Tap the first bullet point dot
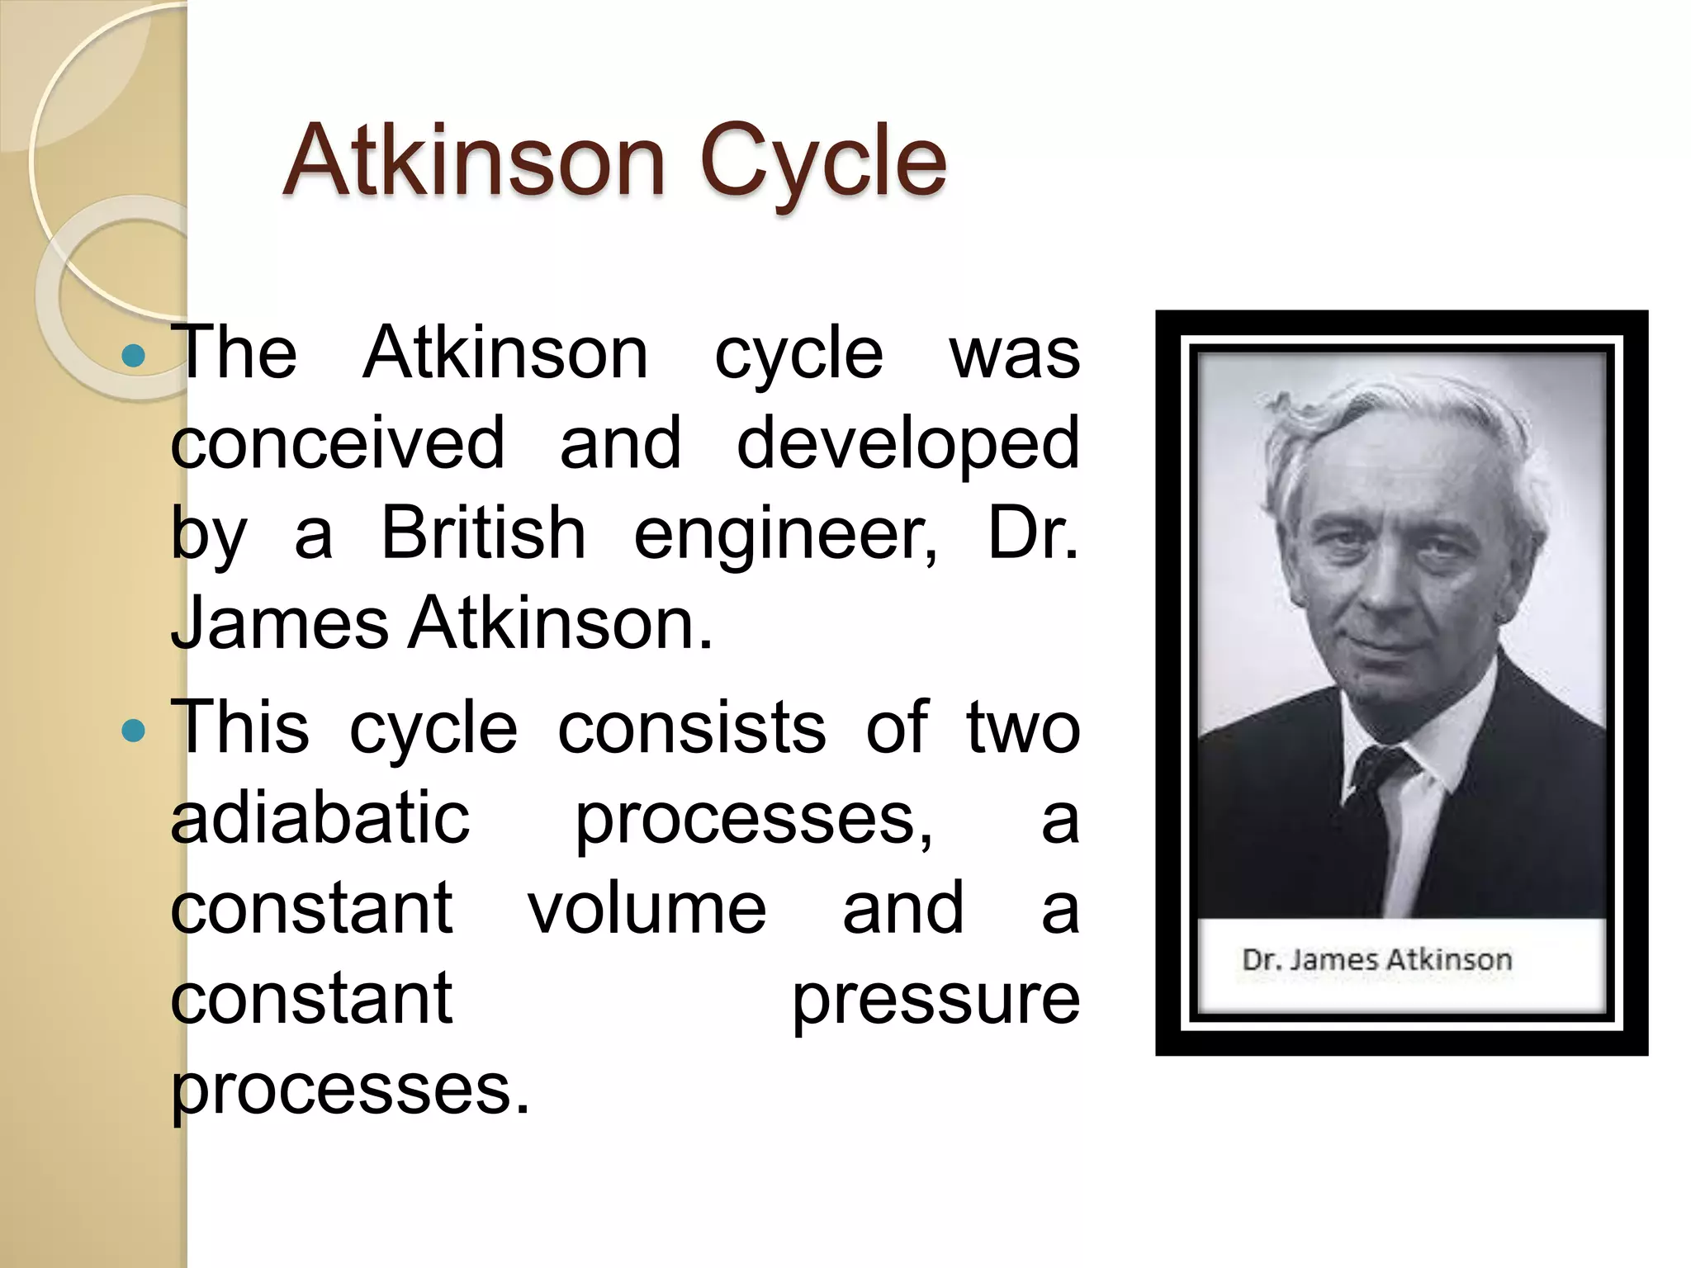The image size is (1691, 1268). (x=132, y=356)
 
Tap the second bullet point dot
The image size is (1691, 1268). (x=132, y=731)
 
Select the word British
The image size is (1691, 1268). (x=483, y=533)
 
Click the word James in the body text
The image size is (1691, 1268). (x=279, y=624)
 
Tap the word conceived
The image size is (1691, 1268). (x=337, y=443)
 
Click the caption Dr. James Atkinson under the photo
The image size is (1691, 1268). (x=1376, y=960)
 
